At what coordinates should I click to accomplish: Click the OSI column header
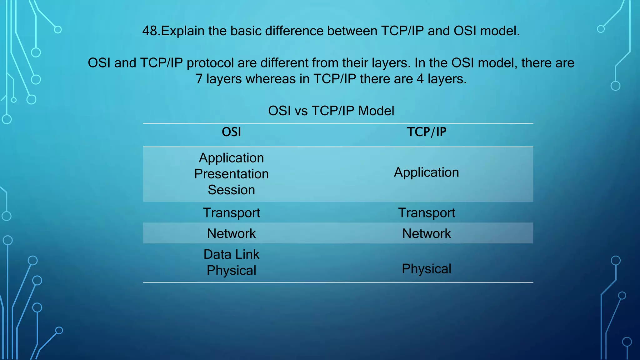pyautogui.click(x=231, y=132)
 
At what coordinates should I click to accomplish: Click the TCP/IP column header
pyautogui.click(x=426, y=132)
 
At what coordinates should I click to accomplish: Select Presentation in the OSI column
pyautogui.click(x=231, y=174)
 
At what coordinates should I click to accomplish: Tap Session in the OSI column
pyautogui.click(x=231, y=190)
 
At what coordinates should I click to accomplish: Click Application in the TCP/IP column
pyautogui.click(x=426, y=172)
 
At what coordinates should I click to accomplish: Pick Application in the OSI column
pyautogui.click(x=231, y=158)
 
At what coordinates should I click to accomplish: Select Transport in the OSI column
pyautogui.click(x=231, y=213)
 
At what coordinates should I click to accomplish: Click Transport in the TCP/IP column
pyautogui.click(x=426, y=213)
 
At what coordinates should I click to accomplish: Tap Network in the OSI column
pyautogui.click(x=231, y=234)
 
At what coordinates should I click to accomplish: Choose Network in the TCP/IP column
pyautogui.click(x=426, y=234)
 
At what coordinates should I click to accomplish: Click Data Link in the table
pyautogui.click(x=231, y=254)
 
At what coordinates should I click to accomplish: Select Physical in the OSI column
pyautogui.click(x=231, y=270)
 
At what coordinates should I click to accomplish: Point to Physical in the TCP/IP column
pyautogui.click(x=426, y=269)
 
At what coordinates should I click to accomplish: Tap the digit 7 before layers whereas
pyautogui.click(x=199, y=79)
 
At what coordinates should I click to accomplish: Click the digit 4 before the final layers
pyautogui.click(x=420, y=79)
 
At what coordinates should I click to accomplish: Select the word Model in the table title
pyautogui.click(x=376, y=111)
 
